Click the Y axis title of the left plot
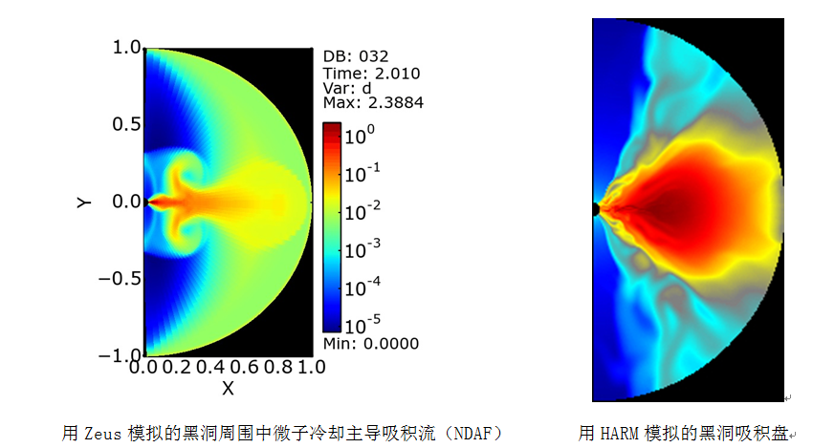85,202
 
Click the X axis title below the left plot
228,387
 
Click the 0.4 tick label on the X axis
213,367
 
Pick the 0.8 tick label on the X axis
279,367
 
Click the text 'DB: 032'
356,56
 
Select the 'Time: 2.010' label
371,73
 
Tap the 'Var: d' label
347,88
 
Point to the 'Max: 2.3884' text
373,103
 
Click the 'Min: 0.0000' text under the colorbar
370,344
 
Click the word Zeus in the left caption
101,433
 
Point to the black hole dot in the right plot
595,208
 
